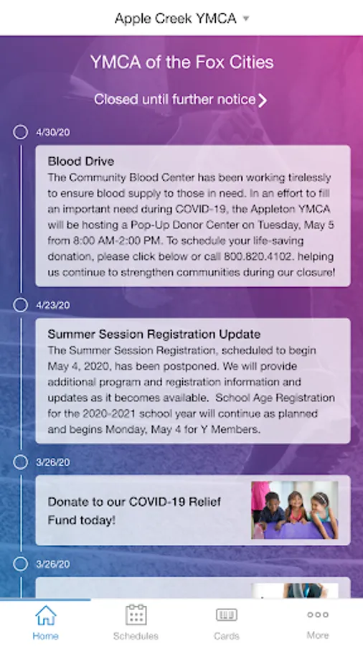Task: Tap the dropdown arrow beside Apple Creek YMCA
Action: click(245, 19)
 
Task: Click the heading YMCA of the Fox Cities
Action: click(181, 62)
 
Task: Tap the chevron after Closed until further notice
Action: click(263, 100)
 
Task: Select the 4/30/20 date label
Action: click(52, 132)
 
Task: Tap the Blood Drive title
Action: click(81, 161)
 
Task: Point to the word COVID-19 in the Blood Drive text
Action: click(200, 209)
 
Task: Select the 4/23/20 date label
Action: click(52, 305)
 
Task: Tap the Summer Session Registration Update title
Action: click(154, 334)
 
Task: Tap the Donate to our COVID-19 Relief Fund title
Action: click(134, 511)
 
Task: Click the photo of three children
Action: click(295, 510)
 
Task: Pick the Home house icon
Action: click(46, 616)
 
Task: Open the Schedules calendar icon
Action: click(136, 614)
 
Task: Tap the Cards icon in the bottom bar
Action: click(227, 615)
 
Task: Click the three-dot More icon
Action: click(318, 614)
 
